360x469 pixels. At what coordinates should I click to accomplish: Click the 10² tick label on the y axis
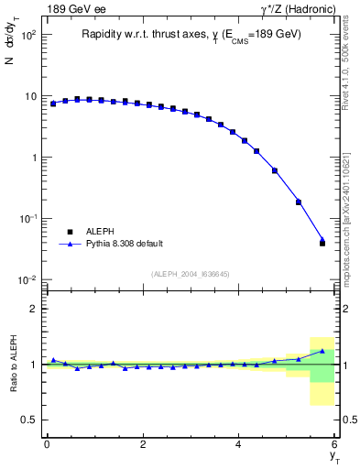tap(28, 35)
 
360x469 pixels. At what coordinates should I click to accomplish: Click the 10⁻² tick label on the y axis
tap(28, 279)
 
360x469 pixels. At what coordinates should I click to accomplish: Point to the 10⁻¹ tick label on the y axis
tap(28, 218)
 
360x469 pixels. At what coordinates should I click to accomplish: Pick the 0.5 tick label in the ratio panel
tap(29, 420)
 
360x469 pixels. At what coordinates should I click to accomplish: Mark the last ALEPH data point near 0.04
tap(322, 243)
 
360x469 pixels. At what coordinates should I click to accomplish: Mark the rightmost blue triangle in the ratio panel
tap(322, 351)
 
